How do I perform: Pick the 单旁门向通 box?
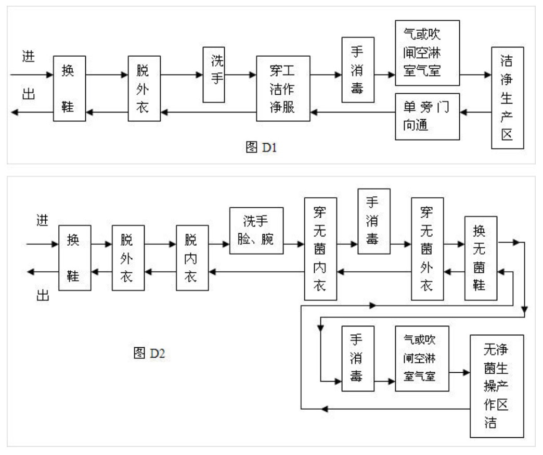point(427,117)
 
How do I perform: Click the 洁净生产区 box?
point(507,98)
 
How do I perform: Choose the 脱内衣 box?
point(192,258)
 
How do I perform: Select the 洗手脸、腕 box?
point(256,231)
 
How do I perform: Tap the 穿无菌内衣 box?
point(320,249)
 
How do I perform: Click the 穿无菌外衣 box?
point(427,249)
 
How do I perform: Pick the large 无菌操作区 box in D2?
point(496,386)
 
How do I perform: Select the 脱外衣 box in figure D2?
point(128,258)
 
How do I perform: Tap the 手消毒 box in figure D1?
point(358,69)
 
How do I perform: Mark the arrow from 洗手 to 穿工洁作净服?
point(240,75)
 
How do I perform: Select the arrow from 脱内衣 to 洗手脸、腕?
point(219,243)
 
